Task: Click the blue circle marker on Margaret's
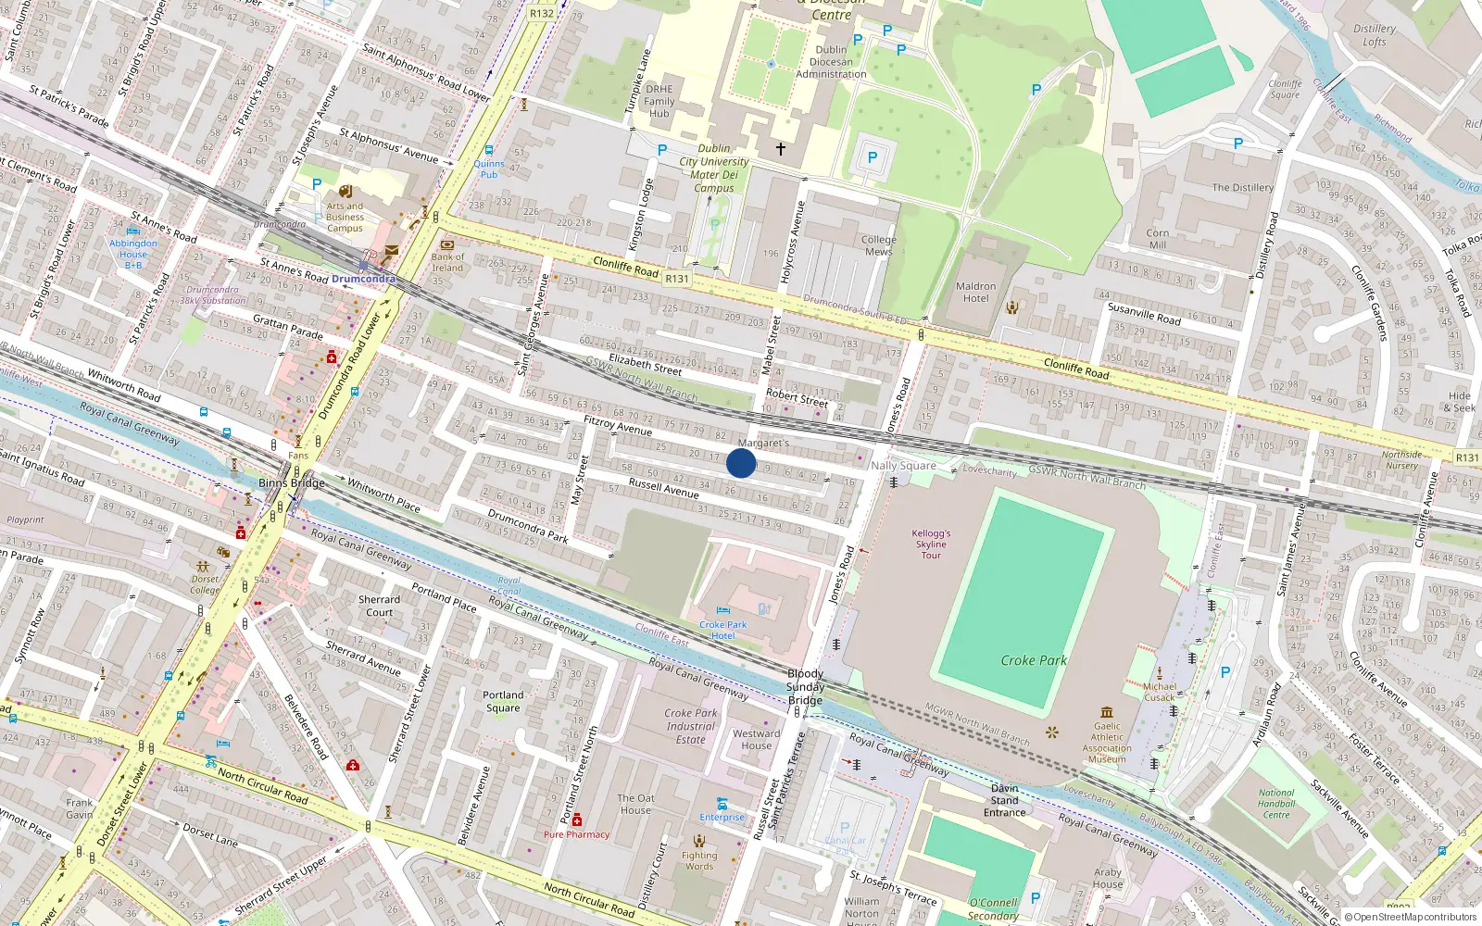741,463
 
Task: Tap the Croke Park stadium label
1034,660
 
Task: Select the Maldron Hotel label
975,293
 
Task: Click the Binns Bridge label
291,482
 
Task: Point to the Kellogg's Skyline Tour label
931,544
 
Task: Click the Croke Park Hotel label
722,631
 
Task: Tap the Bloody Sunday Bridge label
805,687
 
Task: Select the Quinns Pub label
488,169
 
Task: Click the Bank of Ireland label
447,262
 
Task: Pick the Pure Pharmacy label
576,834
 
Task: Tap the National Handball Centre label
1276,804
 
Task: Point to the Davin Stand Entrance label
1004,801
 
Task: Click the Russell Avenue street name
663,488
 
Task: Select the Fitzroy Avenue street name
618,426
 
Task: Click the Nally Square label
903,466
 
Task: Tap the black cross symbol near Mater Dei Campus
781,148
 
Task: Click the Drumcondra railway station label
363,279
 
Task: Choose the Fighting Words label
699,860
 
